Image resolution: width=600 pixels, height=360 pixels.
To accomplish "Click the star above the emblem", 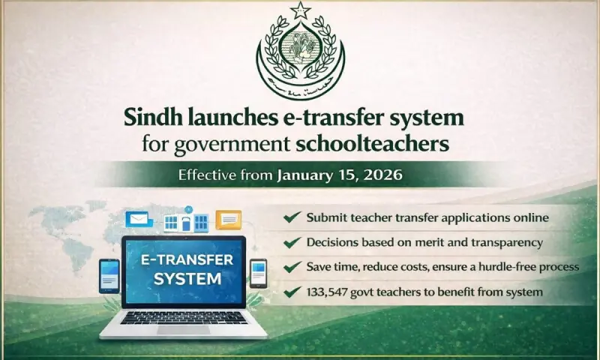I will (300, 10).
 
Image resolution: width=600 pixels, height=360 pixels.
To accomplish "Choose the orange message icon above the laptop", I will (228, 219).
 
